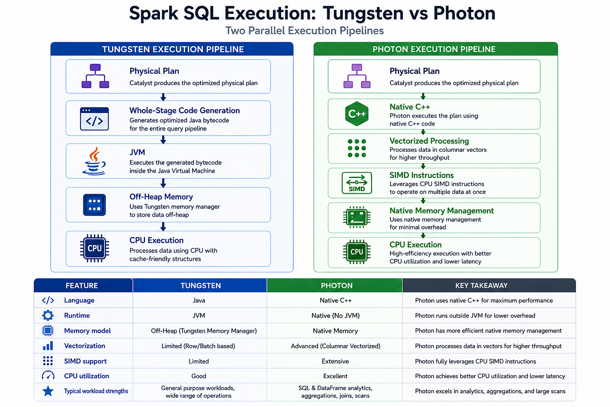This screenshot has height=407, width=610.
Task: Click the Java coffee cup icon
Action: point(94,161)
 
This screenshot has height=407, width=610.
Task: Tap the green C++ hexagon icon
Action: point(356,114)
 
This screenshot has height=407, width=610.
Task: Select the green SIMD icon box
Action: point(356,183)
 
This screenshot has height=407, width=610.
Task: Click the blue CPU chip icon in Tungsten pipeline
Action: point(95,248)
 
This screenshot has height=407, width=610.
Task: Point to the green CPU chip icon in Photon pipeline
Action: point(356,252)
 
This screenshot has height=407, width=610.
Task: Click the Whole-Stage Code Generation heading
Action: point(185,110)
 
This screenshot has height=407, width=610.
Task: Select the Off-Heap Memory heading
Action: point(161,197)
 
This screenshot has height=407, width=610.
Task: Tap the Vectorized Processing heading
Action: point(429,141)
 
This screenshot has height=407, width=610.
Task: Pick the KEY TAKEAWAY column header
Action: point(481,285)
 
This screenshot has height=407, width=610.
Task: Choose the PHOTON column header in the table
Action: point(336,285)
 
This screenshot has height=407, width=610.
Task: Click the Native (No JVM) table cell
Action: point(335,316)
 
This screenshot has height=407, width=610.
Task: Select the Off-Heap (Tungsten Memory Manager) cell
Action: point(204,331)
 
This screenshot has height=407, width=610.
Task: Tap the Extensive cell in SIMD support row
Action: point(335,361)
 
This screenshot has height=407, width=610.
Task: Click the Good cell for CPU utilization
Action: point(199,376)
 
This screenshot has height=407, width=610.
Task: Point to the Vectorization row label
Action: point(85,346)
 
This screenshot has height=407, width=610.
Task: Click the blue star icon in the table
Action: point(48,391)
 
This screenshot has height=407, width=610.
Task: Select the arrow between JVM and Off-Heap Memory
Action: point(163,183)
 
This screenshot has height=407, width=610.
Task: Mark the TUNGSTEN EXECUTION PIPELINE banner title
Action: point(173,49)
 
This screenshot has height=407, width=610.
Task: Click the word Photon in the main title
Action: point(464,13)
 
